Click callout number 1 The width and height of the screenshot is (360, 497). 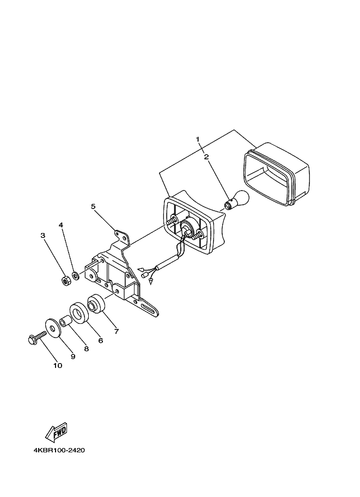[199, 140]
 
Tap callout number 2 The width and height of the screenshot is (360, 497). [206, 157]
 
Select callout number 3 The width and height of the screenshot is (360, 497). [42, 235]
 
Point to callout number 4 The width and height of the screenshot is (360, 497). [61, 224]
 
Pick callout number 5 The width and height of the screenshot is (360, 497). [93, 206]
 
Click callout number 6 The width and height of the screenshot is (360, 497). [100, 341]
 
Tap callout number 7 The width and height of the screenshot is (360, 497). [116, 330]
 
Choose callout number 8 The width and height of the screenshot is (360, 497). [86, 349]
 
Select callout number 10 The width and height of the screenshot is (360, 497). [58, 365]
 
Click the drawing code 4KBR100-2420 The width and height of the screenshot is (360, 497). [59, 451]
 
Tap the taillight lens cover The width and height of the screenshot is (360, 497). [276, 173]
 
